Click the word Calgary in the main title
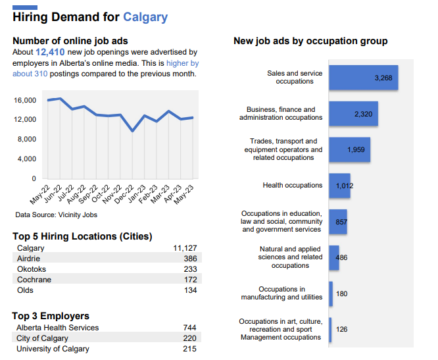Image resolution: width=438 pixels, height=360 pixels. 145,17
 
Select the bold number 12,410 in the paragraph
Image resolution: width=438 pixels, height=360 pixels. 50,52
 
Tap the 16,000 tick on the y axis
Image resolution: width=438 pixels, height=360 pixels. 25,100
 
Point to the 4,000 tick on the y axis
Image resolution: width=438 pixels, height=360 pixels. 27,159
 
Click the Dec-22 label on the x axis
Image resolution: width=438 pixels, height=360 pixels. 126,193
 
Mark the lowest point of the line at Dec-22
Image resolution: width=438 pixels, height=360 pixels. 133,131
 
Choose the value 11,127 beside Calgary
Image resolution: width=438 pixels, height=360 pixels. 185,248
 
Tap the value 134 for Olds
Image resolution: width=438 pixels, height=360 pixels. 189,290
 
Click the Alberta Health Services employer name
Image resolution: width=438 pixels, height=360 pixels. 57,328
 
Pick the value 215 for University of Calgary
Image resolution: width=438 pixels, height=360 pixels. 189,349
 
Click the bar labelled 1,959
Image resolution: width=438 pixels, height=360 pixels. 349,150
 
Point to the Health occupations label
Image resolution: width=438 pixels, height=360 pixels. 292,186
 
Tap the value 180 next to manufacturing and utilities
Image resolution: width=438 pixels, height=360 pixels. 341,294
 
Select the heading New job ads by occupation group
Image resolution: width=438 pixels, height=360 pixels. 310,41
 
